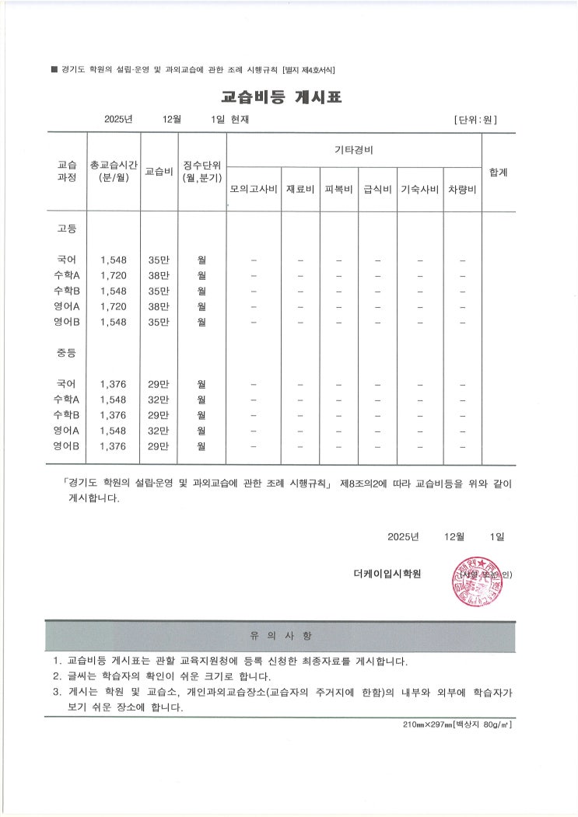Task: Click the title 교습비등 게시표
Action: [281, 97]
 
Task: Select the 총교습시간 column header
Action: [114, 171]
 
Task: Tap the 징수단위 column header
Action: [201, 171]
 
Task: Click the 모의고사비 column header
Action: [254, 190]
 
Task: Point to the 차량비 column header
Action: [462, 190]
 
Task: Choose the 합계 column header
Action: [498, 172]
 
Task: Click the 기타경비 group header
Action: [353, 148]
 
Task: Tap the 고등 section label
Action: [67, 229]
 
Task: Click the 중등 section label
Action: [67, 354]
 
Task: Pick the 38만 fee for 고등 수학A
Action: [159, 275]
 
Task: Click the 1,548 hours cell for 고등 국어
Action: [114, 260]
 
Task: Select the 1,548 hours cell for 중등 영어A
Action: [114, 431]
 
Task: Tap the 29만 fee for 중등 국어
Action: [159, 384]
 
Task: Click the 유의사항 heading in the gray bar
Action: [281, 636]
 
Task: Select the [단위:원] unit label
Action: [475, 120]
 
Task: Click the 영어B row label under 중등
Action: [67, 446]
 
